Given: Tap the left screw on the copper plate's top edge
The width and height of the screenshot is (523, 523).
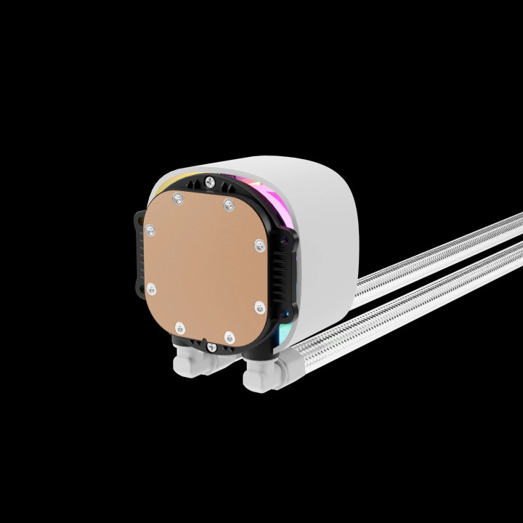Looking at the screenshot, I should coord(176,198).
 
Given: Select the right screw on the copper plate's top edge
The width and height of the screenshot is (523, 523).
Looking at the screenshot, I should coord(229,206).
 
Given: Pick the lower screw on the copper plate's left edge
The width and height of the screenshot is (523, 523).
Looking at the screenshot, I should coord(152,290).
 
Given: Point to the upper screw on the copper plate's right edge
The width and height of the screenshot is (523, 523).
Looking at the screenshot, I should coord(259,246).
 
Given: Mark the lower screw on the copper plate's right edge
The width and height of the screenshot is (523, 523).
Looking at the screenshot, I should coord(259,307).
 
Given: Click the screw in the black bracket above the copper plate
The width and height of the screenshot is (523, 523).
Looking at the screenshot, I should coord(210,182).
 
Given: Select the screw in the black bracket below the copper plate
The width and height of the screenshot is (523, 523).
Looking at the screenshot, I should coord(211,348).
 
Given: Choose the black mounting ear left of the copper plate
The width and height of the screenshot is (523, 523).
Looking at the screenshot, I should coord(139,247).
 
